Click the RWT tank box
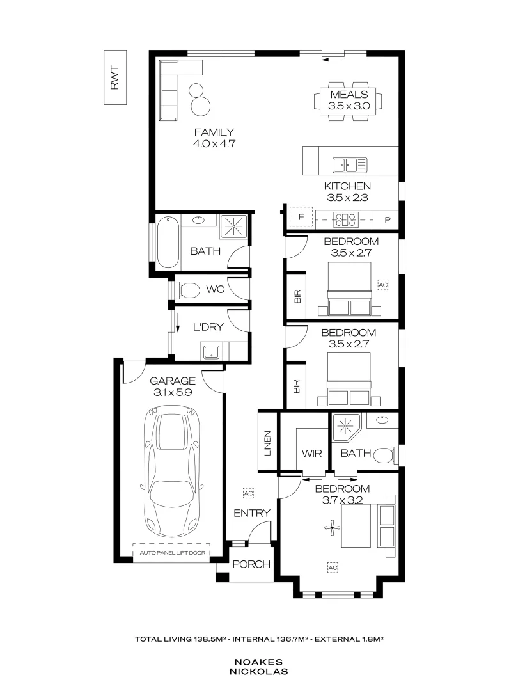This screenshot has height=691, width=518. tap(115, 77)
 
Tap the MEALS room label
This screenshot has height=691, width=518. tap(349, 95)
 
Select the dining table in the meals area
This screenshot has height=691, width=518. tap(349, 100)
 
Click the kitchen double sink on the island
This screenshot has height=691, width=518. tap(349, 165)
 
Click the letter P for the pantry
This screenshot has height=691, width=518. tap(388, 219)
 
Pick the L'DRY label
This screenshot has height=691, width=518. tap(208, 327)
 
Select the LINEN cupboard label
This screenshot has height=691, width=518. tap(267, 443)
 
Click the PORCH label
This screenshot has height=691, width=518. tap(251, 564)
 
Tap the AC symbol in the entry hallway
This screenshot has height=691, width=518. tap(247, 493)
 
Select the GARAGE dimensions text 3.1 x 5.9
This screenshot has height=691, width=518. tap(173, 393)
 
